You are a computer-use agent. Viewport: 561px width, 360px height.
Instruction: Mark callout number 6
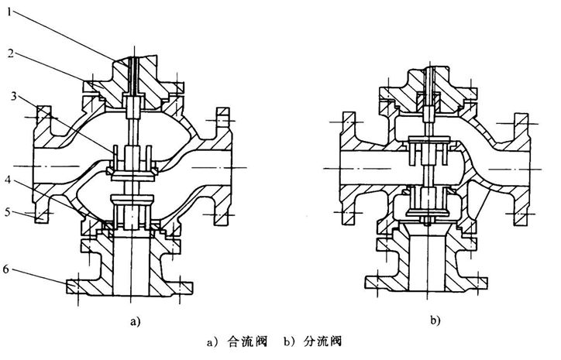pyautogui.click(x=7, y=269)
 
